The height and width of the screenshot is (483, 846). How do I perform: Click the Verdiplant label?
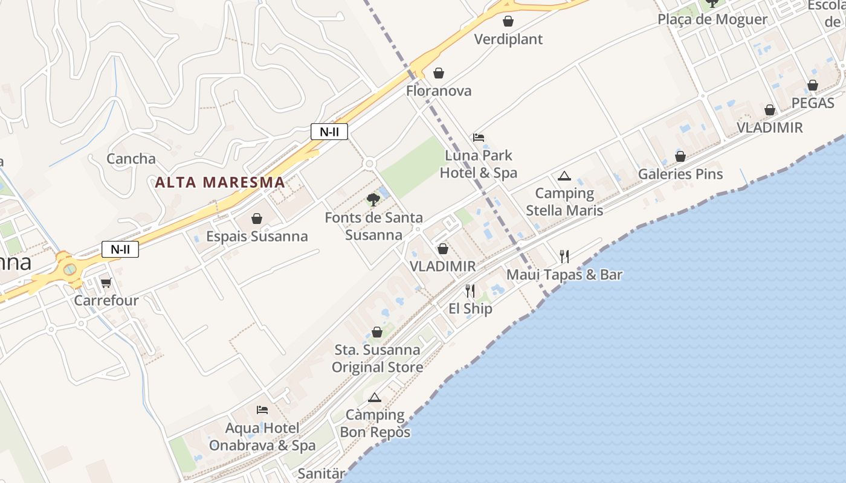(508, 39)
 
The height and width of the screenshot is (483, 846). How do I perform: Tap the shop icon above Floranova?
(439, 73)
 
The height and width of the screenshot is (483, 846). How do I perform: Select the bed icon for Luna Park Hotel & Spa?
(479, 138)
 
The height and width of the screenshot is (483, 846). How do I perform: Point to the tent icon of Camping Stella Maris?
(564, 176)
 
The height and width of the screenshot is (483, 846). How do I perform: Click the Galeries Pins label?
(680, 174)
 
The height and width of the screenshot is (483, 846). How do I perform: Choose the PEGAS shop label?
(813, 103)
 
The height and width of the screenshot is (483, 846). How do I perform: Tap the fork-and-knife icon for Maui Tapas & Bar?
(564, 257)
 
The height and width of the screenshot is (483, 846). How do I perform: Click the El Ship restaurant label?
(470, 309)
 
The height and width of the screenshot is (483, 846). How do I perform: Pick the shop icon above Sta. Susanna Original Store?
(377, 332)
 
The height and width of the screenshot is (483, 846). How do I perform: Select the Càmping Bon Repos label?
(375, 423)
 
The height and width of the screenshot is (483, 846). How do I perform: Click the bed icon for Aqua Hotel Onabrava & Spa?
(262, 410)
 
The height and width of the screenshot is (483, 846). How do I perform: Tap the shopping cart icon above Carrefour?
(106, 283)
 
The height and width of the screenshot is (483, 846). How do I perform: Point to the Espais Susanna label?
(257, 236)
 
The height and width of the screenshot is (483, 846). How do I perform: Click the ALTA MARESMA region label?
(220, 182)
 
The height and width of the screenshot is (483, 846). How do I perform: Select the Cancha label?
(131, 159)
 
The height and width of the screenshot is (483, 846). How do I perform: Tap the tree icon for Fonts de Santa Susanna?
(373, 200)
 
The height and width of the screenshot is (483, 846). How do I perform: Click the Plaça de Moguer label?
(712, 19)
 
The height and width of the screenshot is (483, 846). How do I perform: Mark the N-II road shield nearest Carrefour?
(120, 249)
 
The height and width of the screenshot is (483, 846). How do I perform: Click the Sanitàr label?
(321, 474)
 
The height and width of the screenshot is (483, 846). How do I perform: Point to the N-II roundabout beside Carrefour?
(69, 269)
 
